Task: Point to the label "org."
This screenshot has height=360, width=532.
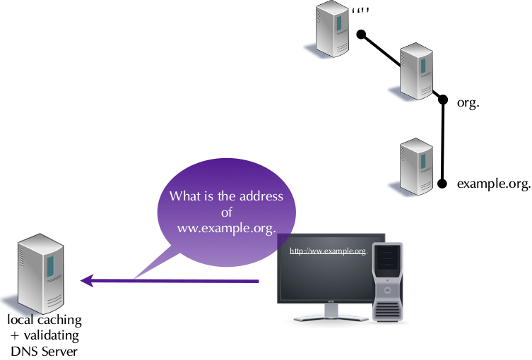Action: pos(468,102)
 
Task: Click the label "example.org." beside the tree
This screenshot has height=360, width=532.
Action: pos(493,184)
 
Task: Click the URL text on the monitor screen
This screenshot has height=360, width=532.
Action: pos(329,251)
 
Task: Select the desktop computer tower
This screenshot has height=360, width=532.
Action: pos(388,282)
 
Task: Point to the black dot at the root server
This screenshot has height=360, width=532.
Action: pos(360,34)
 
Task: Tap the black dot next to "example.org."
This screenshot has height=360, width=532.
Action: pos(442,184)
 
